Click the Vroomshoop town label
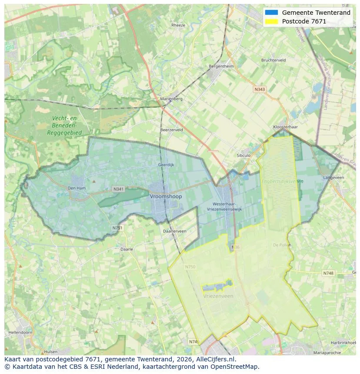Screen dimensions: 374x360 pos(166,196)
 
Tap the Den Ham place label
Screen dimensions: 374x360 pos(76,188)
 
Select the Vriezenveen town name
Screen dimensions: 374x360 pos(218,296)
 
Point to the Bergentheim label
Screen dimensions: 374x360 pos(221,66)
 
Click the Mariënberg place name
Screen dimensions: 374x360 pos(171,99)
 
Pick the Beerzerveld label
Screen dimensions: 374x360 pos(171,130)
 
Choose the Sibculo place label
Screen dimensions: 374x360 pos(243,155)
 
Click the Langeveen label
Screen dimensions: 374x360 pos(333,178)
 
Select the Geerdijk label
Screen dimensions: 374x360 pos(166,165)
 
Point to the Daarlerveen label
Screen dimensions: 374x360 pos(174,231)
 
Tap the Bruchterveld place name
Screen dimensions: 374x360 pos(273,60)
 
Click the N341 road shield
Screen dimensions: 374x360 pos(118,189)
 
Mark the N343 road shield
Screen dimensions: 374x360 pos(259,89)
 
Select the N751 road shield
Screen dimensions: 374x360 pos(117,228)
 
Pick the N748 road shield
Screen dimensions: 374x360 pos(328,273)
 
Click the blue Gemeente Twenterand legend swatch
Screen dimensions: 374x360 pos(271,13)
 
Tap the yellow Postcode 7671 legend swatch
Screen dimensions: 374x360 pos(271,21)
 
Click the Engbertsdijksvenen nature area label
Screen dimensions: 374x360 pos(282,181)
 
